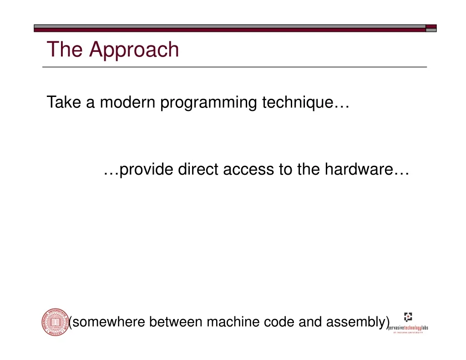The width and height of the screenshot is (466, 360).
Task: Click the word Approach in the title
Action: click(x=134, y=50)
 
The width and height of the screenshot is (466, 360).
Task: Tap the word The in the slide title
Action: click(x=65, y=49)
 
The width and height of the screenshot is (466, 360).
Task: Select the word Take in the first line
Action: click(x=64, y=102)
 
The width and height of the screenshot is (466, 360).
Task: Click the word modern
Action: click(x=127, y=102)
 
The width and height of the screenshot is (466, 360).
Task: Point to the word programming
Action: click(x=208, y=103)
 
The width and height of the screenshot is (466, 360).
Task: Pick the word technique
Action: click(x=298, y=103)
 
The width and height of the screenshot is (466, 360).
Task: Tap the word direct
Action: click(x=198, y=169)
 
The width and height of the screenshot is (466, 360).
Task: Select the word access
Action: click(x=248, y=170)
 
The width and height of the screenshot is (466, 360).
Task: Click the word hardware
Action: click(x=359, y=169)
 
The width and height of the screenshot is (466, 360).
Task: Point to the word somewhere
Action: click(x=108, y=322)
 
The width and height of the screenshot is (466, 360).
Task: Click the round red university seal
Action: click(x=56, y=322)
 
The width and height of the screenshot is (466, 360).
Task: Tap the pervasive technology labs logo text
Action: click(x=408, y=328)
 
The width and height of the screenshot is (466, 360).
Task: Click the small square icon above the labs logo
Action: click(x=408, y=317)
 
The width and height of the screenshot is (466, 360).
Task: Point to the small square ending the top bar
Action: click(x=431, y=28)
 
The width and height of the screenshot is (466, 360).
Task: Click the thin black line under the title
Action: click(x=234, y=67)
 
